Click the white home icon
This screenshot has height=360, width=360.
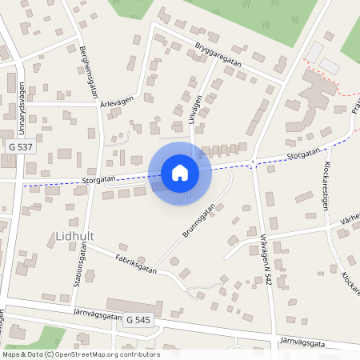point(180,173)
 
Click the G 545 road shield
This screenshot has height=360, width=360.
point(138,320)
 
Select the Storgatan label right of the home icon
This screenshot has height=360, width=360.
point(302,152)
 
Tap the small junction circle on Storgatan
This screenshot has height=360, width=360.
point(253,162)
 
